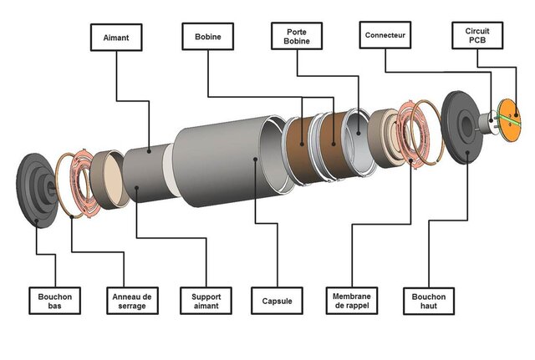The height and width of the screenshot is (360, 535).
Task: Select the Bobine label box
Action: point(207,38)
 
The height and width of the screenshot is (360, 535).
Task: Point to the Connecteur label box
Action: point(386,37)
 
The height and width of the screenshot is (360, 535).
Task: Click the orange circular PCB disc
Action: point(507,117)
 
